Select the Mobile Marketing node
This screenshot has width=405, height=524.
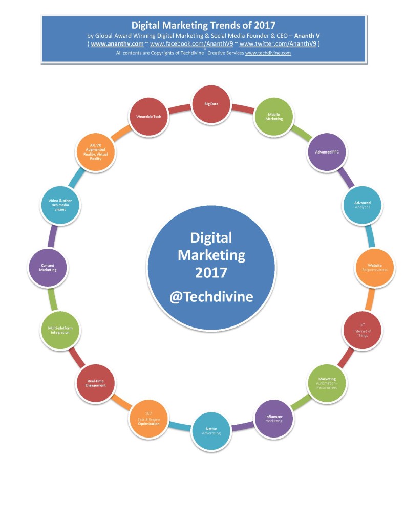coord(274,116)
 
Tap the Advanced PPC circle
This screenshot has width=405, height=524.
coord(327,151)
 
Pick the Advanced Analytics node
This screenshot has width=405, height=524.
coord(361,205)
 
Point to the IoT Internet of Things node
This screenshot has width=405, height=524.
coord(362,330)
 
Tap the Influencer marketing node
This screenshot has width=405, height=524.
coord(274,419)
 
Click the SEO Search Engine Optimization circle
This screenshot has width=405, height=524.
coord(148,419)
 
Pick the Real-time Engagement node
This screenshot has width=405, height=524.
coord(96,383)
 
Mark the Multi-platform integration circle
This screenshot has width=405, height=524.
coord(60,330)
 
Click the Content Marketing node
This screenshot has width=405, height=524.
coord(48,268)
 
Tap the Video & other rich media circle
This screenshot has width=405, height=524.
coord(60,205)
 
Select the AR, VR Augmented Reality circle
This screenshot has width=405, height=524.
coord(96,152)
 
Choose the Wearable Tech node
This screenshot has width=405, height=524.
coord(148,117)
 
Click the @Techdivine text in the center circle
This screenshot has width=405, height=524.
coord(211,296)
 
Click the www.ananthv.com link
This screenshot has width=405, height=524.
coord(117,44)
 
